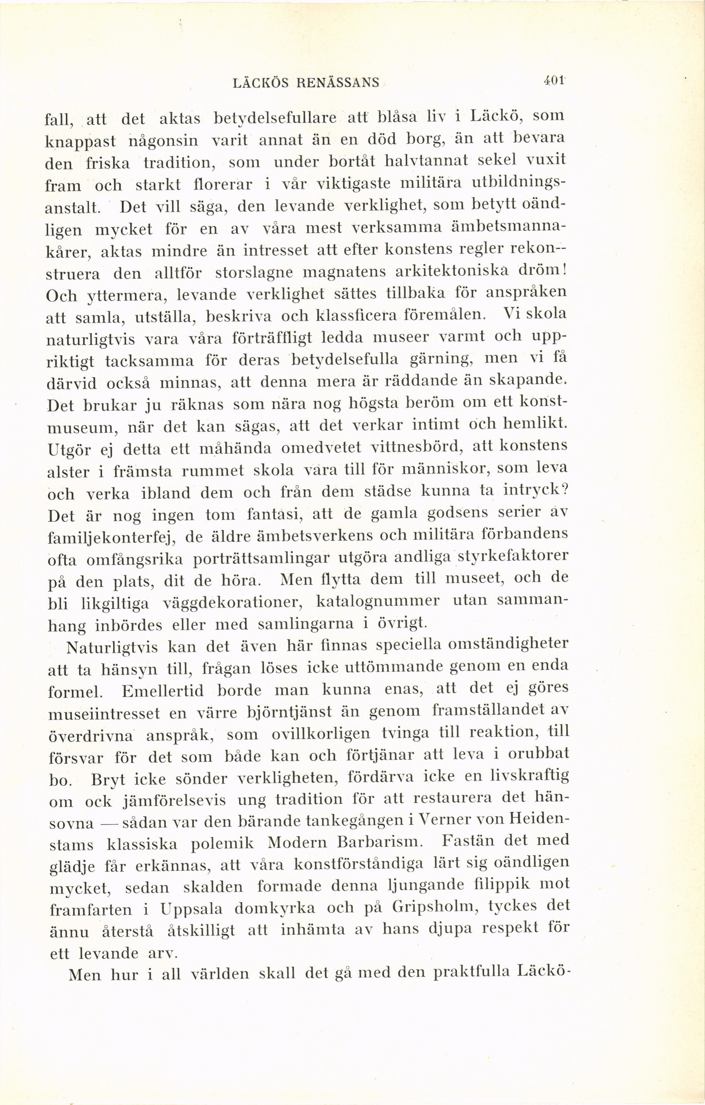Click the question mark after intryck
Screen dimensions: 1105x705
pyautogui.click(x=565, y=491)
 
